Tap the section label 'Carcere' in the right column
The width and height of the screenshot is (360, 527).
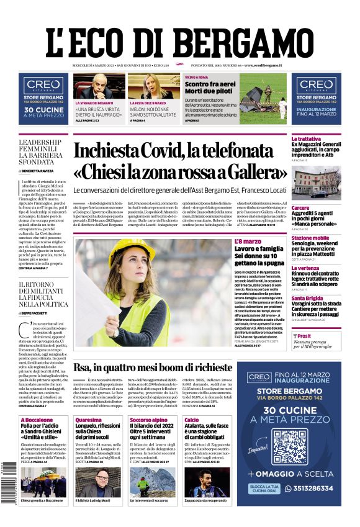click(300, 208)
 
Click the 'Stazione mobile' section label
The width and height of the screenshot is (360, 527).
click(310, 238)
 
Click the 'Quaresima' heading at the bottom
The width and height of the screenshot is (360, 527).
click(88, 420)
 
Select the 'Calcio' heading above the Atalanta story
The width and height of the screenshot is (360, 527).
click(192, 420)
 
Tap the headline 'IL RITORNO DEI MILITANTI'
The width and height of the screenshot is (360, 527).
click(43, 291)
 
